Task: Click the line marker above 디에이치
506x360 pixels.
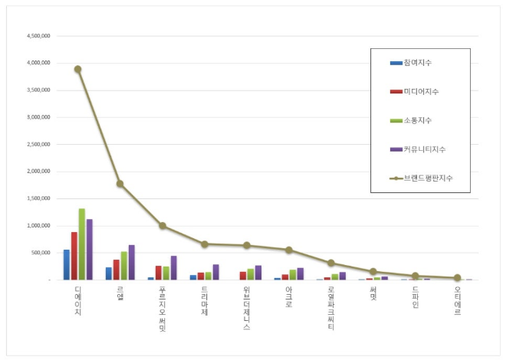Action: coord(77,69)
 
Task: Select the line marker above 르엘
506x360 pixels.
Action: coord(120,184)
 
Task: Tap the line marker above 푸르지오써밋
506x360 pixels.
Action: coord(163,226)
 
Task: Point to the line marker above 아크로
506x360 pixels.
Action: coord(288,250)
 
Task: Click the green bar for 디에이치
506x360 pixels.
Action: coord(81,244)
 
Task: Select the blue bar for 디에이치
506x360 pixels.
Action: coord(66,265)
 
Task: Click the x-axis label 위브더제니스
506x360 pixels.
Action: coord(246,308)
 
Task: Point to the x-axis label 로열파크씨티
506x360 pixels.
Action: coord(330,308)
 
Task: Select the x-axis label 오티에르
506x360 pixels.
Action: coord(457,301)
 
